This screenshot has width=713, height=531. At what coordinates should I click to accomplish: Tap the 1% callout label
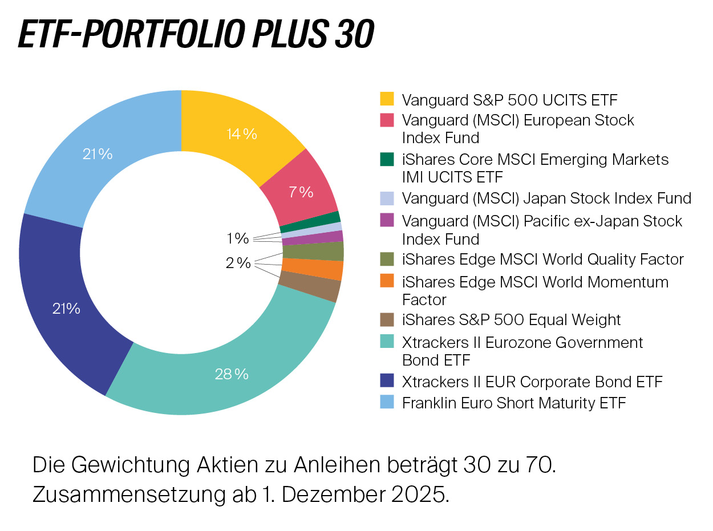click(x=237, y=238)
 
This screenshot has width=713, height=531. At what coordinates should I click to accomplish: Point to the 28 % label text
click(x=232, y=374)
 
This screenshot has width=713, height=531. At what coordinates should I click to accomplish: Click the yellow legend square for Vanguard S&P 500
click(x=387, y=99)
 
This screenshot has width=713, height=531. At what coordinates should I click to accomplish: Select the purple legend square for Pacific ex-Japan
click(x=387, y=220)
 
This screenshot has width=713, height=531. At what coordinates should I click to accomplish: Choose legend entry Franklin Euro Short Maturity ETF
click(x=513, y=403)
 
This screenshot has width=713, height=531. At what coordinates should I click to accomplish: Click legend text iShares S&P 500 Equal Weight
click(x=511, y=319)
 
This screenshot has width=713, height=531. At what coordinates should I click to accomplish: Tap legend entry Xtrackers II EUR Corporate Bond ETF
click(x=532, y=381)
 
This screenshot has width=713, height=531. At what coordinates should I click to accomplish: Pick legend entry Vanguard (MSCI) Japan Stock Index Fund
click(x=546, y=198)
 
